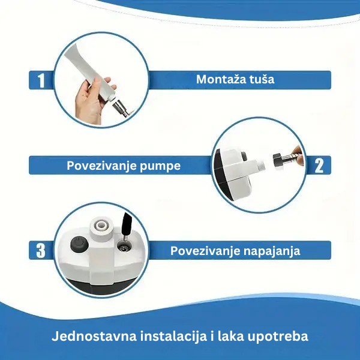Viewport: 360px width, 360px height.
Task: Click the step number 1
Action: click(41, 80)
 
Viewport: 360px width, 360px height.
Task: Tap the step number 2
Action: click(319, 166)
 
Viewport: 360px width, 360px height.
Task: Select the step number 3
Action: click(41, 251)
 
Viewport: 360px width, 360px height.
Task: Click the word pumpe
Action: click(160, 166)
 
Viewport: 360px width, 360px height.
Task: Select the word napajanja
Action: click(272, 251)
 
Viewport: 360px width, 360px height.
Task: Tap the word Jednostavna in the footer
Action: click(94, 337)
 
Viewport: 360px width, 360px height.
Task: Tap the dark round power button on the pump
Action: click(79, 244)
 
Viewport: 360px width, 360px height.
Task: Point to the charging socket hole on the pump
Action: click(124, 247)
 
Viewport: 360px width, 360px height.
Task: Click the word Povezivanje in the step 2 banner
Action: click(101, 166)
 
